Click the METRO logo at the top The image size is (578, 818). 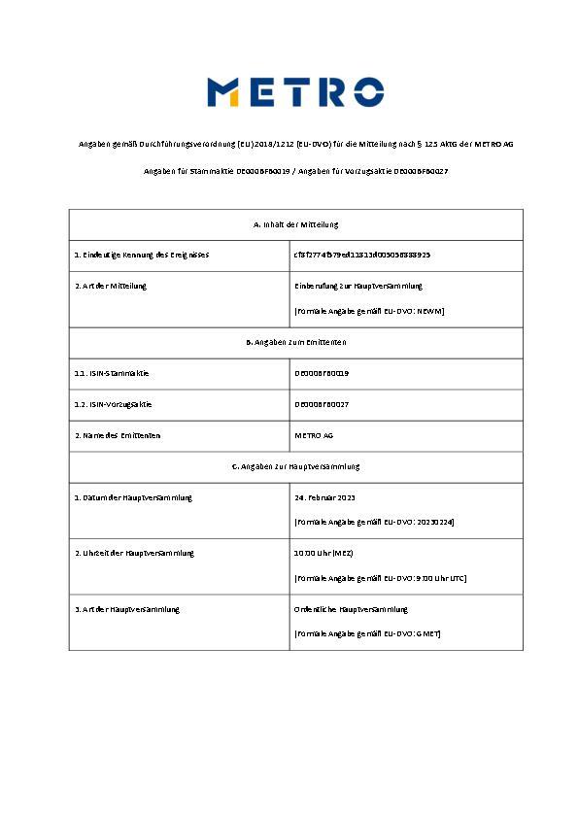tap(295, 92)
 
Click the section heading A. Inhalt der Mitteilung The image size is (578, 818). tap(295, 224)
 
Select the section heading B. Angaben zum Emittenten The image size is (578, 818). tap(295, 343)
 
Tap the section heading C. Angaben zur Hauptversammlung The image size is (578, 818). tap(295, 466)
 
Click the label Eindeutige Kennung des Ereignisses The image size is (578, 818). tap(142, 255)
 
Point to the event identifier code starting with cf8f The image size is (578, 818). tap(362, 255)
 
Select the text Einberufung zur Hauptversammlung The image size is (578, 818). tap(358, 287)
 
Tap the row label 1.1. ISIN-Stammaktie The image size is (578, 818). tap(112, 373)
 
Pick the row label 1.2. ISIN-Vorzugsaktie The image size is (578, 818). tap(114, 404)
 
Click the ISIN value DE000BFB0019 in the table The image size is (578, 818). tap(322, 373)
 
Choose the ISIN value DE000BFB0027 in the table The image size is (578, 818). tap(322, 404)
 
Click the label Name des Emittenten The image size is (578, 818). tap(118, 435)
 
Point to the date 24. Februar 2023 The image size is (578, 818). tap(325, 497)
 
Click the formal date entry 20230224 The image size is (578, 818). tap(374, 522)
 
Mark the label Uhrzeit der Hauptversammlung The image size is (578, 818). tap(134, 553)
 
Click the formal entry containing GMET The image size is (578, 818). tap(367, 633)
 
